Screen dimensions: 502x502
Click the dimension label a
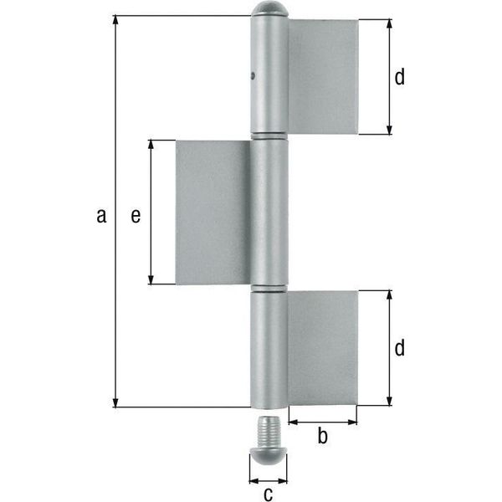(x=101, y=216)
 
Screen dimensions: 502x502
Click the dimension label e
(x=136, y=216)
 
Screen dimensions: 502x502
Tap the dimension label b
(x=322, y=435)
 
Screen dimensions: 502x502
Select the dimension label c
(x=269, y=494)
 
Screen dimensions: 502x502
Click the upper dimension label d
(x=400, y=76)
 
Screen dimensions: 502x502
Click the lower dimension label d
(x=400, y=348)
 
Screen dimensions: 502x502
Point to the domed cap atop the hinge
(x=269, y=9)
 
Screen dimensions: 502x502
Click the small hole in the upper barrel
(x=253, y=76)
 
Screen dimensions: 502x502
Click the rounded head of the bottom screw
(x=269, y=456)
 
